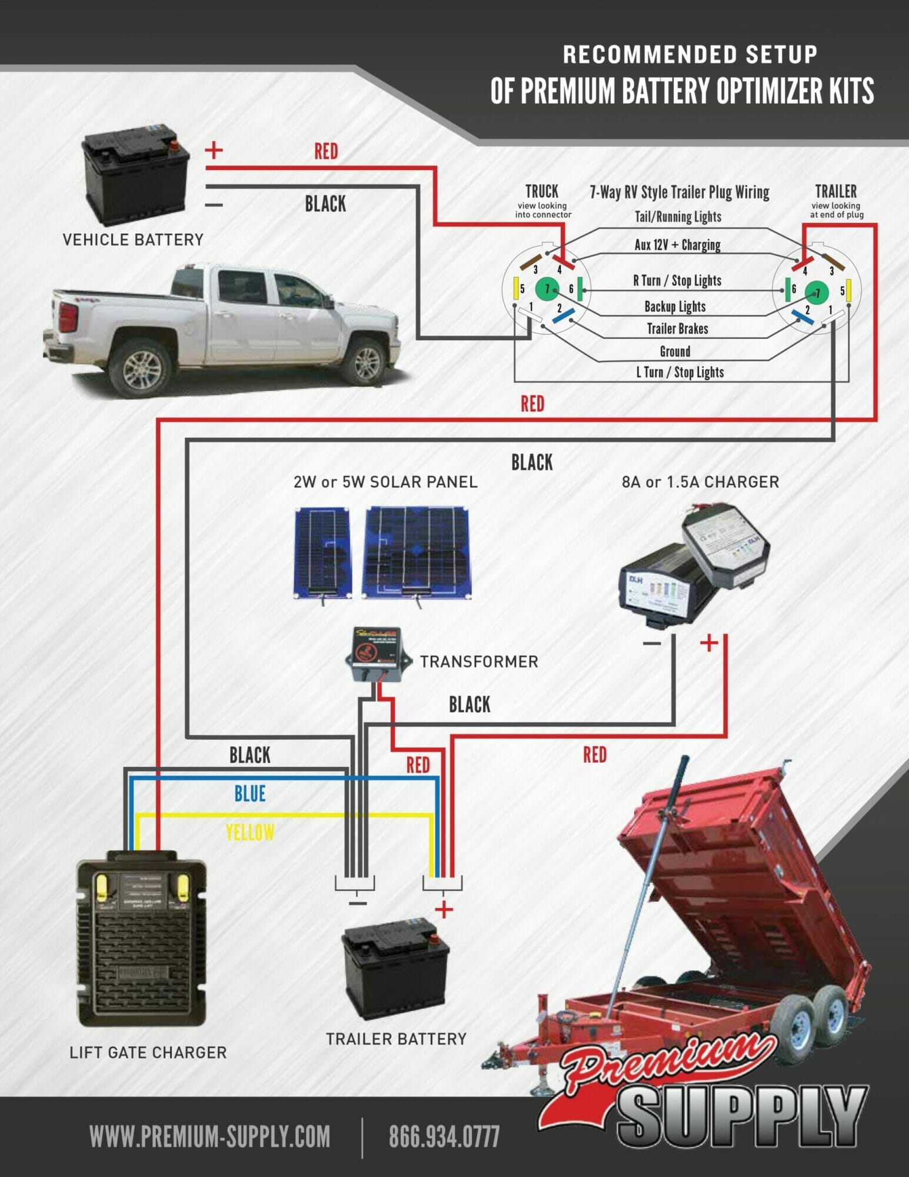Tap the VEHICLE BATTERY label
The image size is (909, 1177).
(x=133, y=240)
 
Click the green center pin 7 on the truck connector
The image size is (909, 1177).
(x=547, y=289)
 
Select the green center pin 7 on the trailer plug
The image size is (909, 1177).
(x=817, y=292)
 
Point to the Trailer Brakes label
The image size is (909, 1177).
(x=677, y=329)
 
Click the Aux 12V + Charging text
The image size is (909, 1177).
(x=677, y=245)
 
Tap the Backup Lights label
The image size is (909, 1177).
(x=675, y=307)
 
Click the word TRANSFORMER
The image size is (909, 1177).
(x=479, y=662)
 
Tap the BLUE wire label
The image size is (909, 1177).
(x=250, y=794)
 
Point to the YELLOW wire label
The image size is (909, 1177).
(x=250, y=833)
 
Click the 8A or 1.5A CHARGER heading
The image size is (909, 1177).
(x=700, y=483)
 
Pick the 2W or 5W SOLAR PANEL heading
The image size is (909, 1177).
(x=385, y=483)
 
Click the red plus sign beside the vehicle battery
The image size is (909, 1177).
(x=214, y=150)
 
